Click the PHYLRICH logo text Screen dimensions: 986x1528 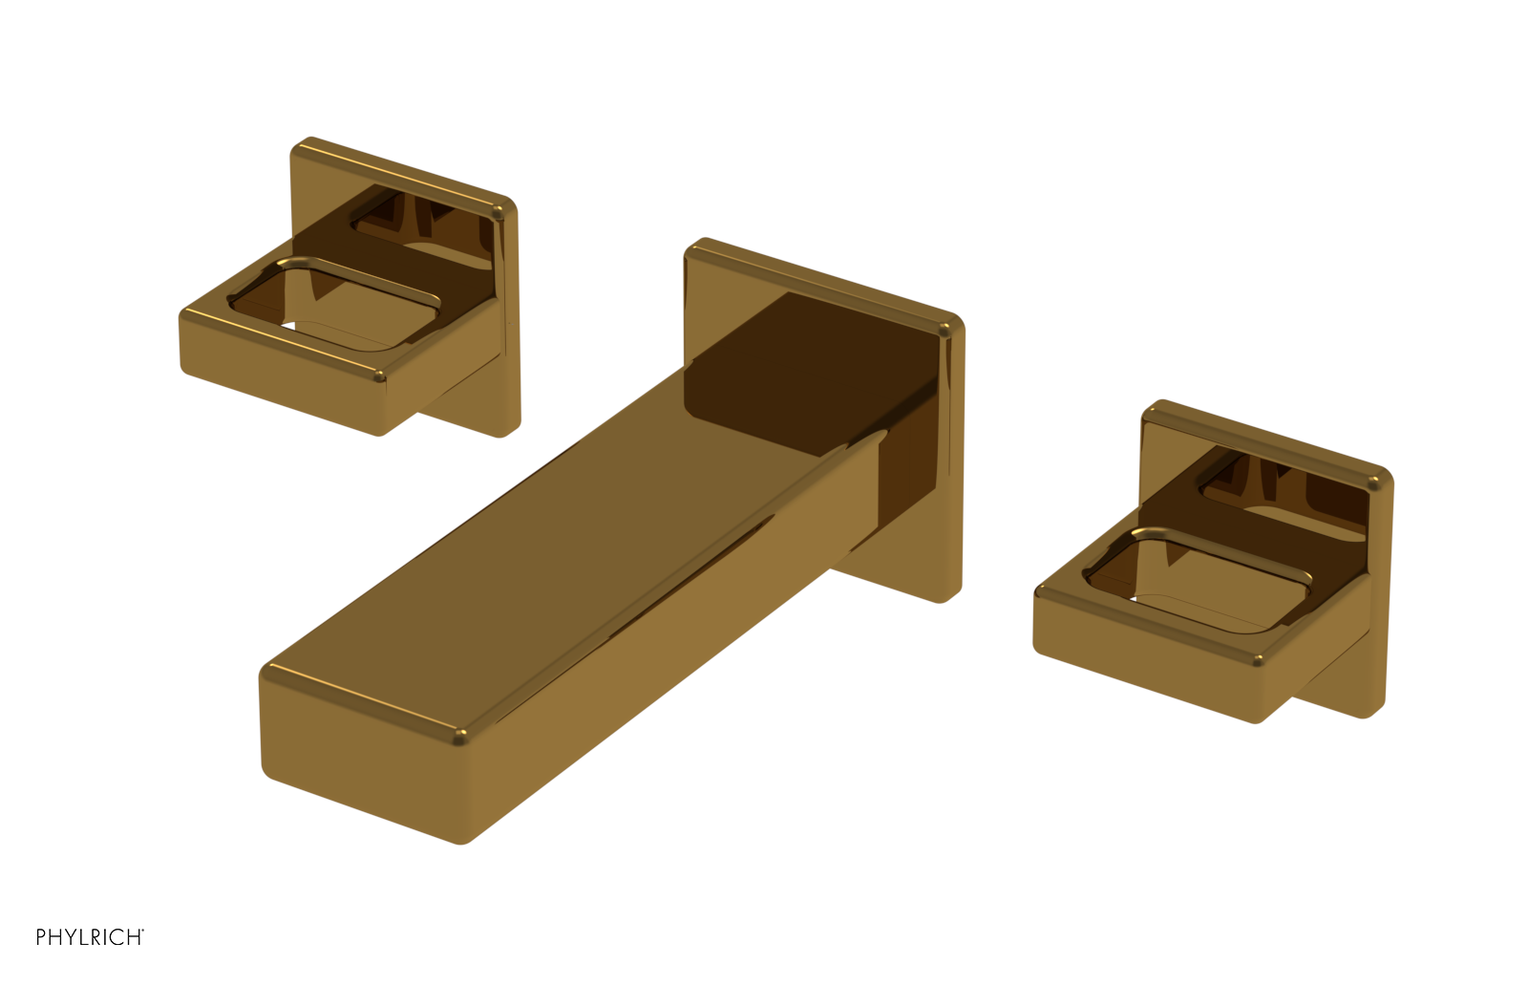click(90, 937)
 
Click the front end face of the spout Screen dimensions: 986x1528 click(358, 755)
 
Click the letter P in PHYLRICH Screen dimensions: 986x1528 click(41, 937)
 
